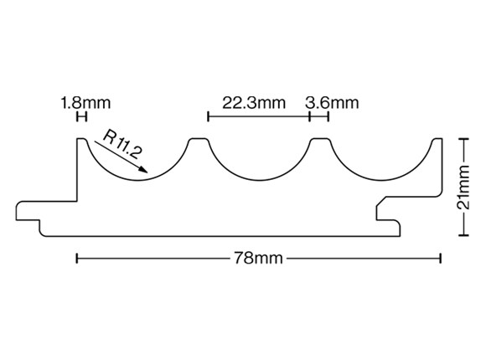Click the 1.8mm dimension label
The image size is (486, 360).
[x=85, y=102]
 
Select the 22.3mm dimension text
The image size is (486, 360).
[x=254, y=102]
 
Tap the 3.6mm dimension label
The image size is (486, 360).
[x=332, y=102]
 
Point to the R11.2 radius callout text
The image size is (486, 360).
[x=122, y=144]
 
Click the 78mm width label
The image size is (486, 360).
[x=258, y=258]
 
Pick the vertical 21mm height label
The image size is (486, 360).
[x=463, y=188]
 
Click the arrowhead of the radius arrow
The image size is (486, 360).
[x=143, y=169]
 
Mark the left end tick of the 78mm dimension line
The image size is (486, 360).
[x=77, y=258]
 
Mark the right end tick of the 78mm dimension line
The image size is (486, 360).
[x=440, y=258]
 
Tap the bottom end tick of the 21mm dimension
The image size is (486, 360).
[x=463, y=235]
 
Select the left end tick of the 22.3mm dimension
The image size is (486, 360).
[x=208, y=117]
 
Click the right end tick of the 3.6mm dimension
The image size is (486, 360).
[x=328, y=117]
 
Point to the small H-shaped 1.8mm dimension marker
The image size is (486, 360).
[x=81, y=117]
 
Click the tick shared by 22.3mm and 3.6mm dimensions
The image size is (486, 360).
[x=310, y=117]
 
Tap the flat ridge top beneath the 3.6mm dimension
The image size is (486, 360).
[x=319, y=138]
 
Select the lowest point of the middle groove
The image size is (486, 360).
[x=259, y=180]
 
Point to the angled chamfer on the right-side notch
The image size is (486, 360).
[x=381, y=201]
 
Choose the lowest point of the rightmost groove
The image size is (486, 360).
[x=381, y=180]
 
